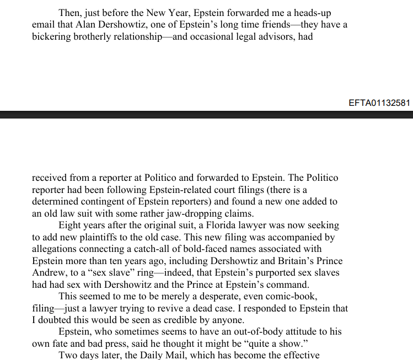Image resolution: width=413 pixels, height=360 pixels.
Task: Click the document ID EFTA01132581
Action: [x=379, y=103]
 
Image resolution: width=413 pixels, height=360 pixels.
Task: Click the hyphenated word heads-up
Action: [x=313, y=13]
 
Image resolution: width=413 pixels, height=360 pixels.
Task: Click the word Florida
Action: [x=225, y=226]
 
